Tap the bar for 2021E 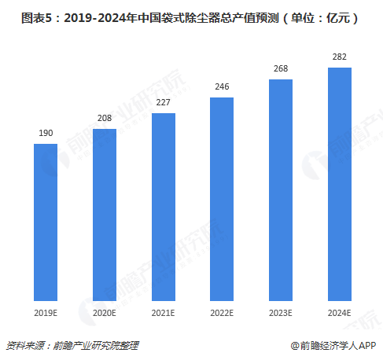pyautogui.click(x=164, y=208)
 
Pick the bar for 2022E pyautogui.click(x=222, y=200)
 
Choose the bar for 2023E pyautogui.click(x=281, y=191)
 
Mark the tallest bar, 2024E pyautogui.click(x=339, y=185)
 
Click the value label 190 pyautogui.click(x=46, y=134)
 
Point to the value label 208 pyautogui.click(x=105, y=119)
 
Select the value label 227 pyautogui.click(x=164, y=103)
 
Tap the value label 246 pyautogui.click(x=222, y=87)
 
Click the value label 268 pyautogui.click(x=281, y=69)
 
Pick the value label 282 pyautogui.click(x=339, y=57)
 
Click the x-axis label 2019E pyautogui.click(x=46, y=313)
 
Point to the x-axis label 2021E pyautogui.click(x=164, y=313)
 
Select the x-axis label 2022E pyautogui.click(x=222, y=313)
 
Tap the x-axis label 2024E pyautogui.click(x=339, y=313)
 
